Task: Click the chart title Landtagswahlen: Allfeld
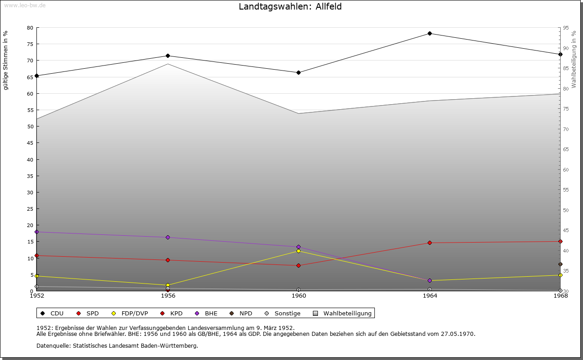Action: point(290,7)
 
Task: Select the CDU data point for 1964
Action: point(430,33)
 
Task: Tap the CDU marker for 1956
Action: point(168,56)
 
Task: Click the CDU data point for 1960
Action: point(298,72)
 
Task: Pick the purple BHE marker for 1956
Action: point(168,237)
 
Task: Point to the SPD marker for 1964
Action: point(430,243)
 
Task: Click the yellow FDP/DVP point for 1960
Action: point(298,251)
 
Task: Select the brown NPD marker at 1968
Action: point(560,264)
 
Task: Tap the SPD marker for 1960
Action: point(298,265)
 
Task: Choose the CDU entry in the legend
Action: point(52,313)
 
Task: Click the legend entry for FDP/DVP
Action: point(130,313)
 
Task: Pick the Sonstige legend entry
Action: point(282,313)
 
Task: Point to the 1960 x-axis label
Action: point(299,296)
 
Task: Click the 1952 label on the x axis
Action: point(37,296)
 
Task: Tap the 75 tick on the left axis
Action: point(30,44)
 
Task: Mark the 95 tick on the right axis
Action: point(566,28)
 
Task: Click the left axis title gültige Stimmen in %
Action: point(6,60)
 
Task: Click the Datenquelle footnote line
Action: point(117,345)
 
